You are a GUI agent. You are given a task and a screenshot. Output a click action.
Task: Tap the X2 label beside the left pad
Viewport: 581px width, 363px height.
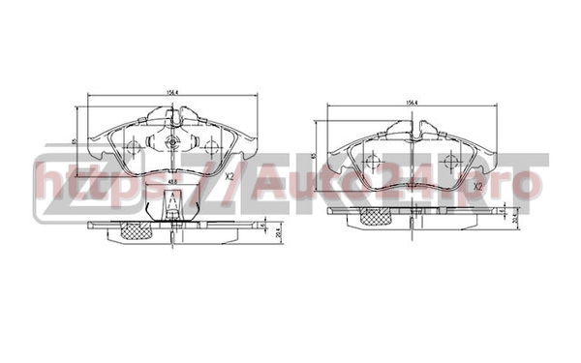point(229,176)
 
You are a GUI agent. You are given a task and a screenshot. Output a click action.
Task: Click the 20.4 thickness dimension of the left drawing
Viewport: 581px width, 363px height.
point(278,232)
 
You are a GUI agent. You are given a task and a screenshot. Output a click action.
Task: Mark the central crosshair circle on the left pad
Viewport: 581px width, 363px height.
point(171,144)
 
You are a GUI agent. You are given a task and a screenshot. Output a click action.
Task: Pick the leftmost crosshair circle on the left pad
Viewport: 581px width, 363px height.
point(132,147)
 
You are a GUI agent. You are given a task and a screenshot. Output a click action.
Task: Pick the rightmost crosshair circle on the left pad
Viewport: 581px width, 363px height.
point(211,147)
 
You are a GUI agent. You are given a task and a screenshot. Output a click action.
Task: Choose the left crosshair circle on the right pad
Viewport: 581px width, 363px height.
point(373,162)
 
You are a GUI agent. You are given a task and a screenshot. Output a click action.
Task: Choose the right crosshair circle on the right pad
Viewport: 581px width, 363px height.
point(449,162)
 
